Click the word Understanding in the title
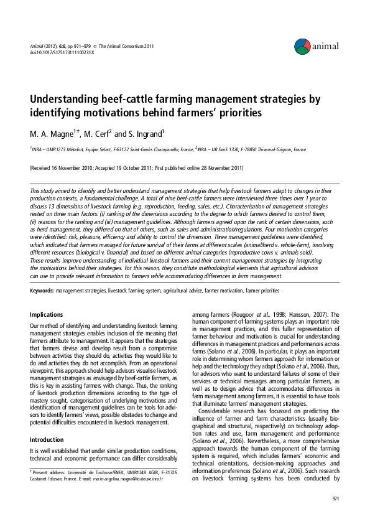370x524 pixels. coord(69,100)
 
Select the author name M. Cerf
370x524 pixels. coord(98,133)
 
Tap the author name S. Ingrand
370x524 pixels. coord(147,133)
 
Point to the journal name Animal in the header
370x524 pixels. coord(37,46)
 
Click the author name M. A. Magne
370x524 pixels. coord(53,133)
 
